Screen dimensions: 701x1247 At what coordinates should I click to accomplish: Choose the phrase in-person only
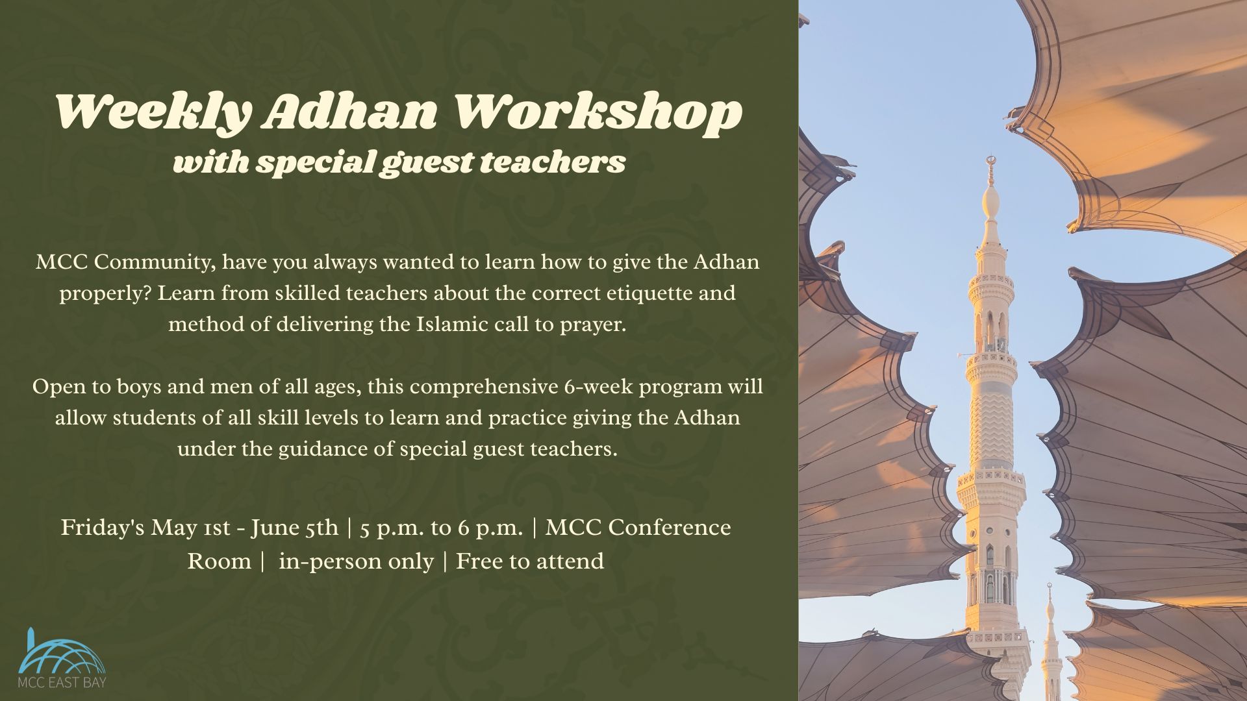tap(356, 561)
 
